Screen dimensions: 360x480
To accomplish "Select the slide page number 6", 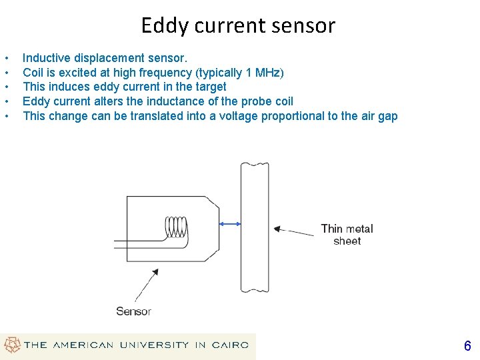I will (x=467, y=346).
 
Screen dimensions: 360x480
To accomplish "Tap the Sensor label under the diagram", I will (x=133, y=311).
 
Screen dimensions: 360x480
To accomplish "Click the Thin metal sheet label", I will (x=347, y=235).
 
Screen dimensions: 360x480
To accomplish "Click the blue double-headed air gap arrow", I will (x=230, y=225).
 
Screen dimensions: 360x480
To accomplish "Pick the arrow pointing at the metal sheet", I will (x=293, y=232).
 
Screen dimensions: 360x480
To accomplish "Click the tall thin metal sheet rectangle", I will (x=255, y=227).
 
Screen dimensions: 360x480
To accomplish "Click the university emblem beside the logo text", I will (x=12, y=345).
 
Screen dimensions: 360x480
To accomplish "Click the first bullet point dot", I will (x=6, y=58).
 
